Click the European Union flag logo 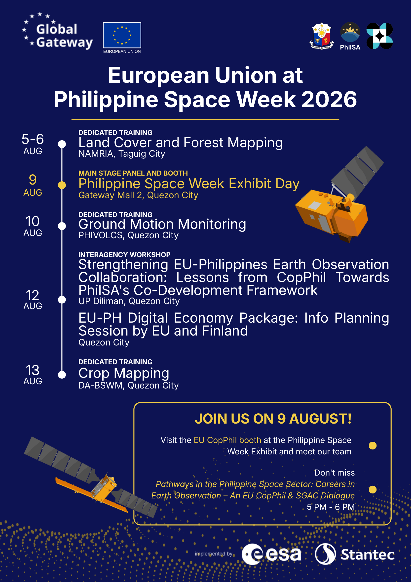122,35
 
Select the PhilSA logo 350,36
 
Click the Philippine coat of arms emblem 322,36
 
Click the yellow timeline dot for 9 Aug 62,185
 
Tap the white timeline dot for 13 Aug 62,375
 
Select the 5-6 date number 33,139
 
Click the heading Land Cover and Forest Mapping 181,143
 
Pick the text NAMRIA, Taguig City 122,154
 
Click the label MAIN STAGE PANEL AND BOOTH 133,173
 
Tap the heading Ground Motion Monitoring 162,224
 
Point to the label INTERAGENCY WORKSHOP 124,254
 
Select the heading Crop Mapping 124,373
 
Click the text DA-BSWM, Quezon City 129,386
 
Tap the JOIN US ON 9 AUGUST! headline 273,419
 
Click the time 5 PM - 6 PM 331,507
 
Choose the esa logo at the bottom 271,554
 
